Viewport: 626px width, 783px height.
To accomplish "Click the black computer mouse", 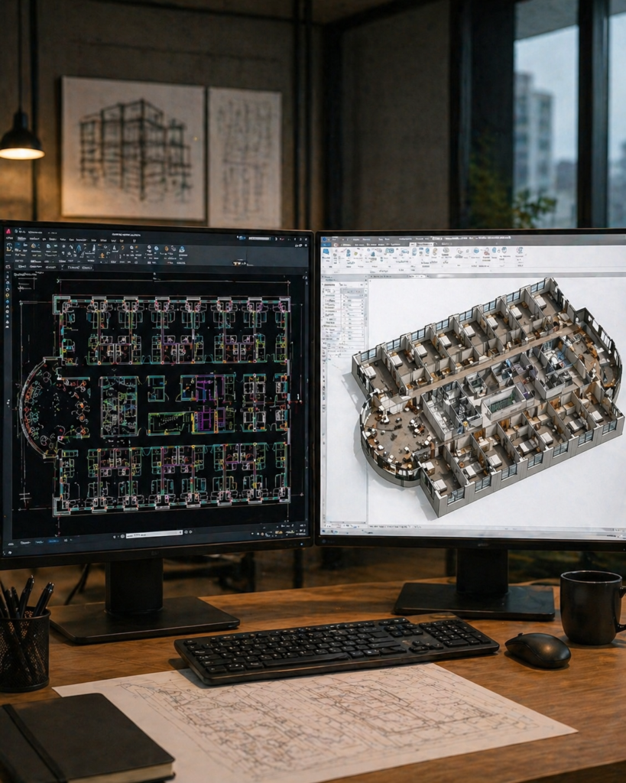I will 538,650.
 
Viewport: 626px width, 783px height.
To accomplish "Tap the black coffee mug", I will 590,607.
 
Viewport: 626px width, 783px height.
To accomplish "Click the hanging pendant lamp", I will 21,141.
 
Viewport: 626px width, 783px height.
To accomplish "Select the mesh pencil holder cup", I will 24,650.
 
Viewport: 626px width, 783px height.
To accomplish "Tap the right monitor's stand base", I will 474,601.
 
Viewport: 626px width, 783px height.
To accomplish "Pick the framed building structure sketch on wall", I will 134,148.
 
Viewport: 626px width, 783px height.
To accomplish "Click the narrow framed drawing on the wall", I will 245,157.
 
